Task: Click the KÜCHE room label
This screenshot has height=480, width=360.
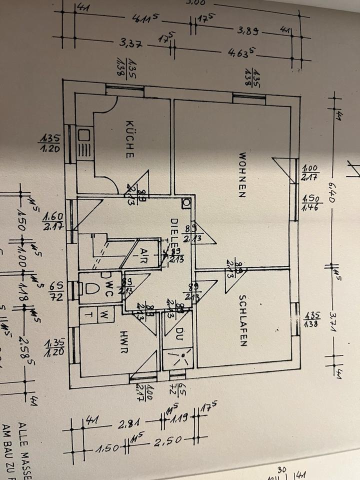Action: click(130, 139)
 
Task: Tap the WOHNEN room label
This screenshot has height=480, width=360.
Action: click(242, 175)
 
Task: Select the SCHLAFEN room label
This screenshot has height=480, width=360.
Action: click(242, 320)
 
